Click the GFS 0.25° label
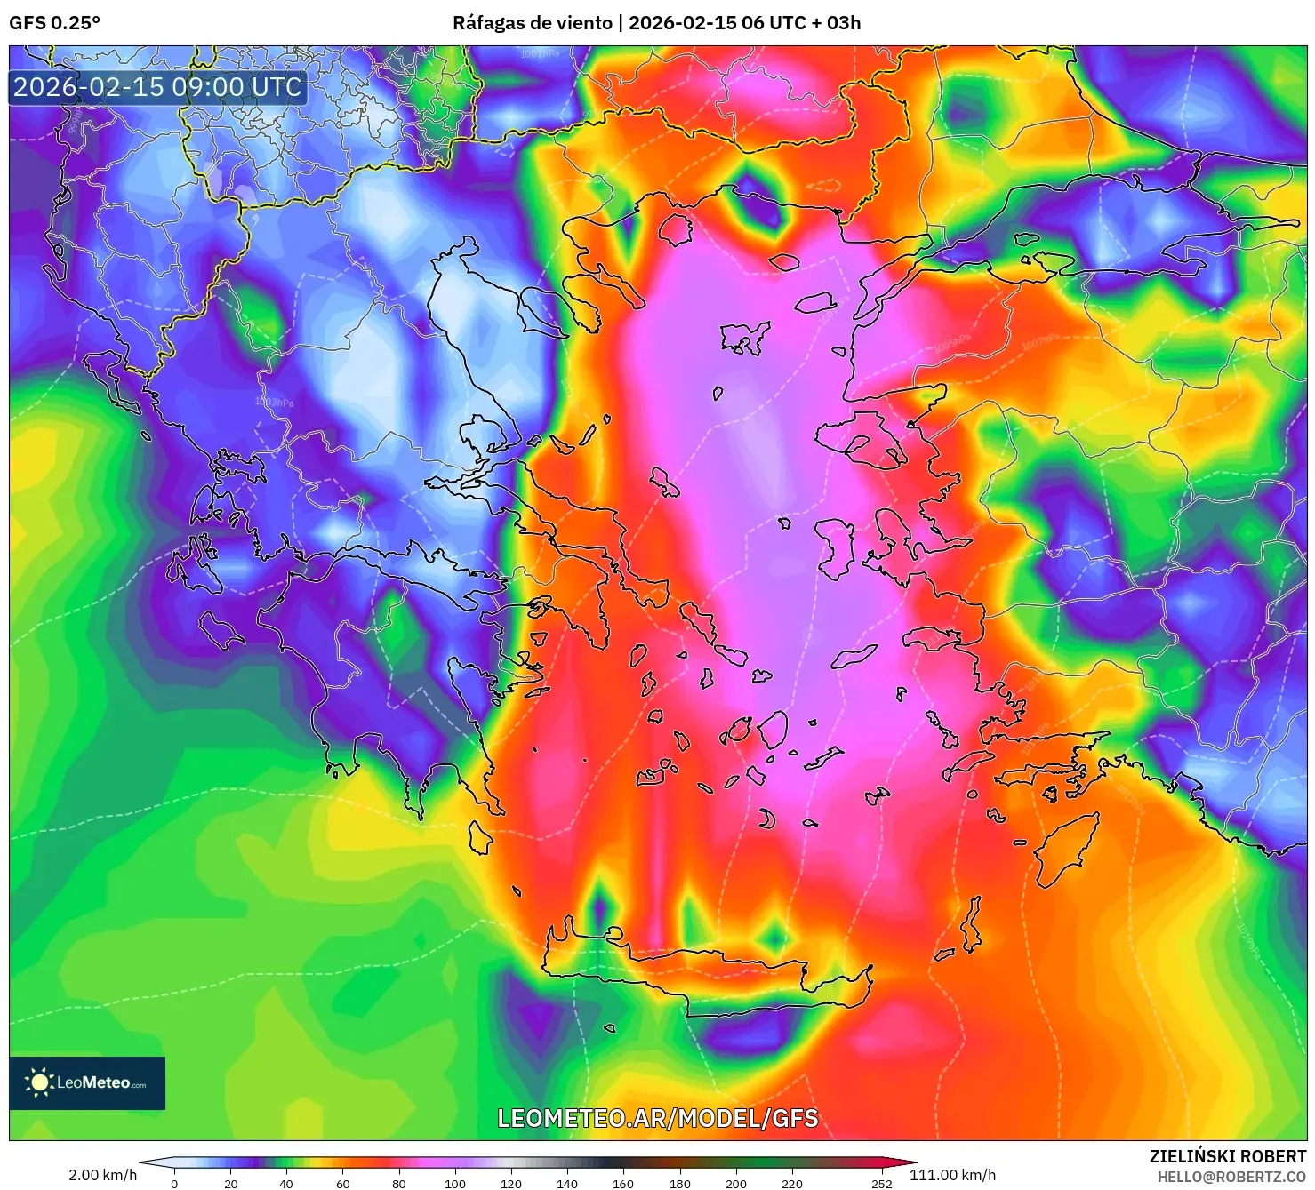pos(54,23)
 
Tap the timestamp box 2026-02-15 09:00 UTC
pos(157,87)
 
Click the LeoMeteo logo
pos(87,1082)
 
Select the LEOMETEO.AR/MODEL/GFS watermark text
pos(657,1118)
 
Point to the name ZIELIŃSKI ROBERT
pos(1227,1156)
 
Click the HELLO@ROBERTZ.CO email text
pos(1231,1177)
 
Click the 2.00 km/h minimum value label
pos(102,1175)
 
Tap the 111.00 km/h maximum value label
pos(952,1175)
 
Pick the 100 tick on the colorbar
pos(454,1183)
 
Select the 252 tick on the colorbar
pos(881,1183)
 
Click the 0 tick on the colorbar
pos(174,1183)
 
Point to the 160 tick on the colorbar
pos(623,1183)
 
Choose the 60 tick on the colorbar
pos(342,1183)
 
